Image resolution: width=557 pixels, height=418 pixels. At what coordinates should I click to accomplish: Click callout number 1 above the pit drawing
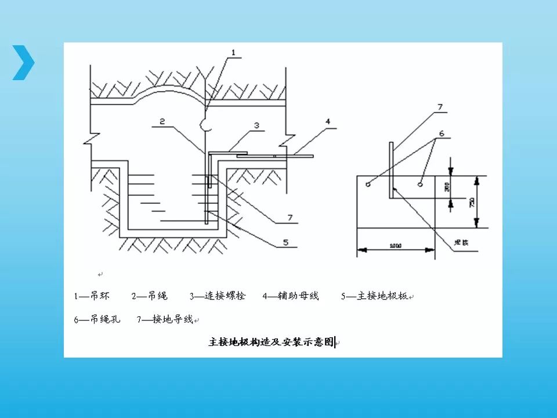click(233, 52)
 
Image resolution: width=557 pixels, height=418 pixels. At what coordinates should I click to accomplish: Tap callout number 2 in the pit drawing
click(162, 121)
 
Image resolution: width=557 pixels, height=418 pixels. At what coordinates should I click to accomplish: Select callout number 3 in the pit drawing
click(256, 125)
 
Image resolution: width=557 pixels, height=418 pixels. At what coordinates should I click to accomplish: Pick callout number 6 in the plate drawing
click(441, 133)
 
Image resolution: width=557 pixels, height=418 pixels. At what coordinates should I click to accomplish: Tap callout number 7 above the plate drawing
click(439, 107)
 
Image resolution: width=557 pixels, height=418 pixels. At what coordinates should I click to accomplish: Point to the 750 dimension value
click(472, 202)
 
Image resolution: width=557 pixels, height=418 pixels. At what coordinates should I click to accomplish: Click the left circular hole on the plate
click(368, 185)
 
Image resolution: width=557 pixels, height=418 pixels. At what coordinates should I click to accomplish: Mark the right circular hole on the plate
click(419, 185)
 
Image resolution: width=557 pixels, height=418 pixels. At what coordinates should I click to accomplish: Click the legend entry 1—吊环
click(91, 296)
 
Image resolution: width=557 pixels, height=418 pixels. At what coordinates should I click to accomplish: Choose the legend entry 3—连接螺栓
click(218, 296)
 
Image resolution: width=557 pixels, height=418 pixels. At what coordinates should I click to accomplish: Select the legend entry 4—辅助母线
click(291, 296)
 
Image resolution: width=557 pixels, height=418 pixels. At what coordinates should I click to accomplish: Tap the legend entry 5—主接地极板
click(374, 296)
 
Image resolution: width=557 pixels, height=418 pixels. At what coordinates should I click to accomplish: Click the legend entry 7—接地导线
click(165, 319)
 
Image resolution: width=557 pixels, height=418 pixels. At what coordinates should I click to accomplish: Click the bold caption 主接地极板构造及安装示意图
click(272, 342)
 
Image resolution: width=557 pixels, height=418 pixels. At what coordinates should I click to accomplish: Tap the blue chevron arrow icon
click(24, 62)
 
